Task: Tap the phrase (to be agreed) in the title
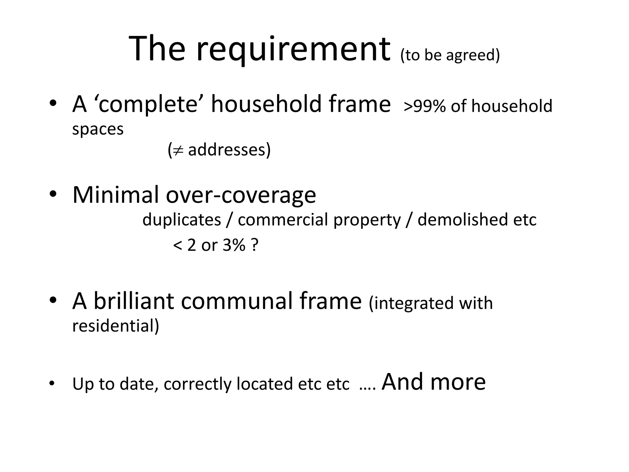click(450, 55)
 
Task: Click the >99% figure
click(424, 106)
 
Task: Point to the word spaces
click(98, 129)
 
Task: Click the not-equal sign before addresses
click(178, 150)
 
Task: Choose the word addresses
click(229, 150)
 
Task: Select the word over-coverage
click(241, 195)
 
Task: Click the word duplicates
click(182, 220)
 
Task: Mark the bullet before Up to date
click(52, 383)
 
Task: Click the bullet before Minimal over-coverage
click(53, 194)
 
